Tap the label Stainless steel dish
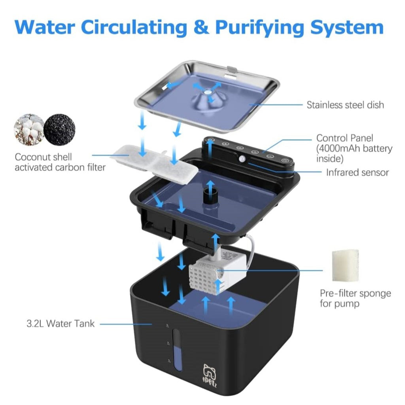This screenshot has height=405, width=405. click(x=345, y=105)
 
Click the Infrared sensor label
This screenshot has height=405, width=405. click(x=357, y=172)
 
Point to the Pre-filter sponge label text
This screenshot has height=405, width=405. click(x=355, y=298)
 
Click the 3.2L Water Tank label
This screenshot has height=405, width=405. click(x=61, y=324)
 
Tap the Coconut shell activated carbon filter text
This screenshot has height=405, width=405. click(x=60, y=162)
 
